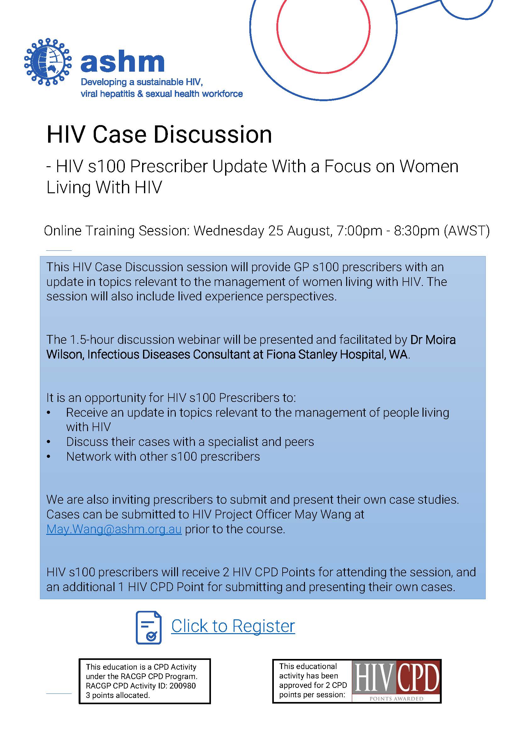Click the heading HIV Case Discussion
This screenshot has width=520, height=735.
point(159,135)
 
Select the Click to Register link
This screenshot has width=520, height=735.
point(233,626)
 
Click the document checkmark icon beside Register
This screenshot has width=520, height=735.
point(149,627)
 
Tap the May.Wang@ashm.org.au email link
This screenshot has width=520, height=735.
point(114,529)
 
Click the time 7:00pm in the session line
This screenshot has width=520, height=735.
point(359,231)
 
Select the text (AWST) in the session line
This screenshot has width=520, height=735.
point(467,231)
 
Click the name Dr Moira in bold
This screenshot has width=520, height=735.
point(433,340)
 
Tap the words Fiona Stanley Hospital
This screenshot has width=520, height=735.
point(340,355)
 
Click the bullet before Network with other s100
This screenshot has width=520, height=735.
point(49,457)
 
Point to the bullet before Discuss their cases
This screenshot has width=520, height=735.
point(49,442)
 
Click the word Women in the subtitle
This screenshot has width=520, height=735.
point(429,167)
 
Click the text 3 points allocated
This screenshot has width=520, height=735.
point(118,695)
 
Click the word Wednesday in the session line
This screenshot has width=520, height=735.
point(229,231)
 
